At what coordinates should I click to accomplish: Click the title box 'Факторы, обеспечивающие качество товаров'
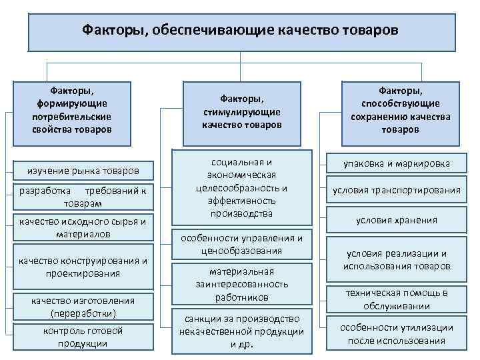241,31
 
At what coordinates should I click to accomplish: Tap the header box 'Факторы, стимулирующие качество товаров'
243,111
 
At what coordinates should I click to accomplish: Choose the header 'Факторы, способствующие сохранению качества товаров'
401,109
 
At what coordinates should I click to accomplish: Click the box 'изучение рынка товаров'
83,171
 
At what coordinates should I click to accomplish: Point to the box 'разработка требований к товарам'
83,197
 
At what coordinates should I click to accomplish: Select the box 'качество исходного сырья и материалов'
83,227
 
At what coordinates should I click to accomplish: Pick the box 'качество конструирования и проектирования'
83,266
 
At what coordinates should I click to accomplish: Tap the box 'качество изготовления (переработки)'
83,307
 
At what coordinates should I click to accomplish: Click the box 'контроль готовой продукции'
83,337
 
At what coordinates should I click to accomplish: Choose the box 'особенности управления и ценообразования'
242,244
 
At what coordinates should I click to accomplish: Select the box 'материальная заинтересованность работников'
242,284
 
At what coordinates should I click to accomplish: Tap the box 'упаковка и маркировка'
397,163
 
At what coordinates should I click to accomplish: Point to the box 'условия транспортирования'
397,190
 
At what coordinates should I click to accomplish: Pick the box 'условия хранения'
397,220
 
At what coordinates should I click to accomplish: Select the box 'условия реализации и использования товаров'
397,260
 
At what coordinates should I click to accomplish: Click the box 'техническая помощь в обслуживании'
397,299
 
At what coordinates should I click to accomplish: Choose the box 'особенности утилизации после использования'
397,334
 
